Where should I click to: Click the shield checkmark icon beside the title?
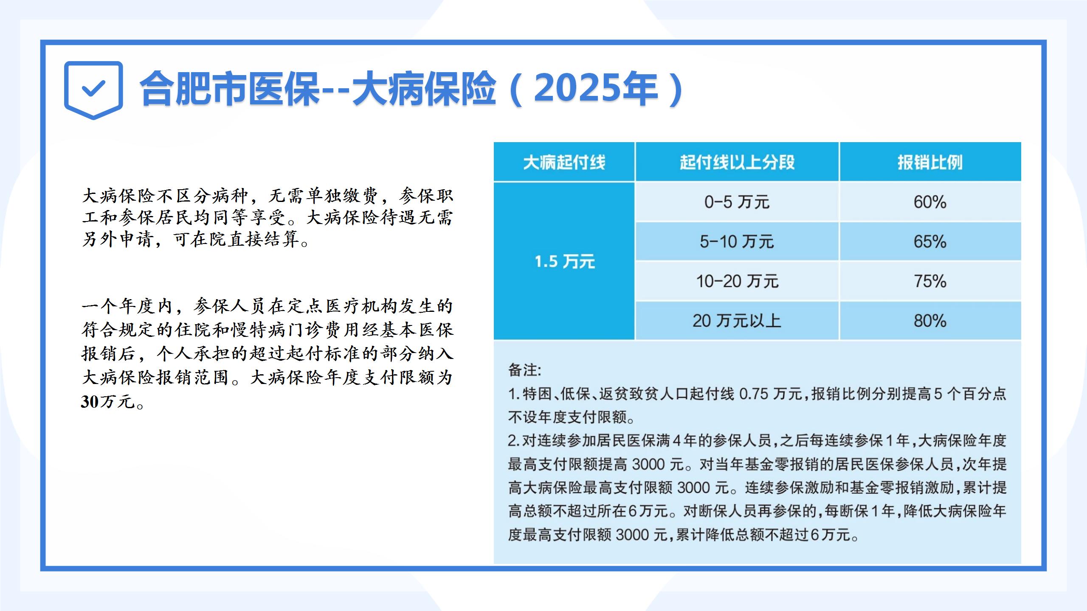pyautogui.click(x=93, y=90)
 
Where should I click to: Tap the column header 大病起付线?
pyautogui.click(x=564, y=162)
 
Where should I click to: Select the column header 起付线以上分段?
pyautogui.click(x=737, y=162)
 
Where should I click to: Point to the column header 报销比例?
pyautogui.click(x=930, y=162)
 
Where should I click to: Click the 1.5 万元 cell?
pyautogui.click(x=564, y=261)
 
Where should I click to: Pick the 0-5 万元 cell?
pyautogui.click(x=737, y=202)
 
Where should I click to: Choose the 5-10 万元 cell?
pyautogui.click(x=737, y=241)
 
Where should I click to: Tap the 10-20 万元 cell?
pyautogui.click(x=737, y=281)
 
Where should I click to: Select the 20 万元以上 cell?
pyautogui.click(x=737, y=321)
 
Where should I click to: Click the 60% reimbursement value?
pyautogui.click(x=930, y=202)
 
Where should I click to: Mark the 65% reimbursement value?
pyautogui.click(x=930, y=241)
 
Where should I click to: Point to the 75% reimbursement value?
pyautogui.click(x=930, y=281)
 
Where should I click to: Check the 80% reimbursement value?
pyautogui.click(x=930, y=321)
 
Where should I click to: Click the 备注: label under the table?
pyautogui.click(x=525, y=370)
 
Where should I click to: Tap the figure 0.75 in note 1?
pyautogui.click(x=754, y=394)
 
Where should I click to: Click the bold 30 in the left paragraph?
pyautogui.click(x=90, y=401)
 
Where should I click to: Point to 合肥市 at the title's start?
pyautogui.click(x=193, y=89)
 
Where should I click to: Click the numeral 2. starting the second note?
pyautogui.click(x=514, y=441)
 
